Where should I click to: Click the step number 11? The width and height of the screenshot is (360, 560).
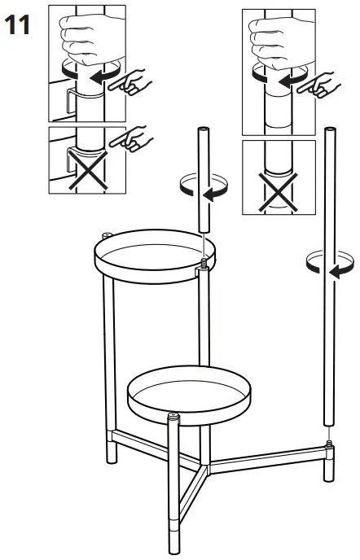pyautogui.click(x=18, y=24)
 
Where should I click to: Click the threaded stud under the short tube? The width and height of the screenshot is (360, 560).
pyautogui.click(x=201, y=262)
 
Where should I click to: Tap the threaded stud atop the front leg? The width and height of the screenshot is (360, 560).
pyautogui.click(x=173, y=418)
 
